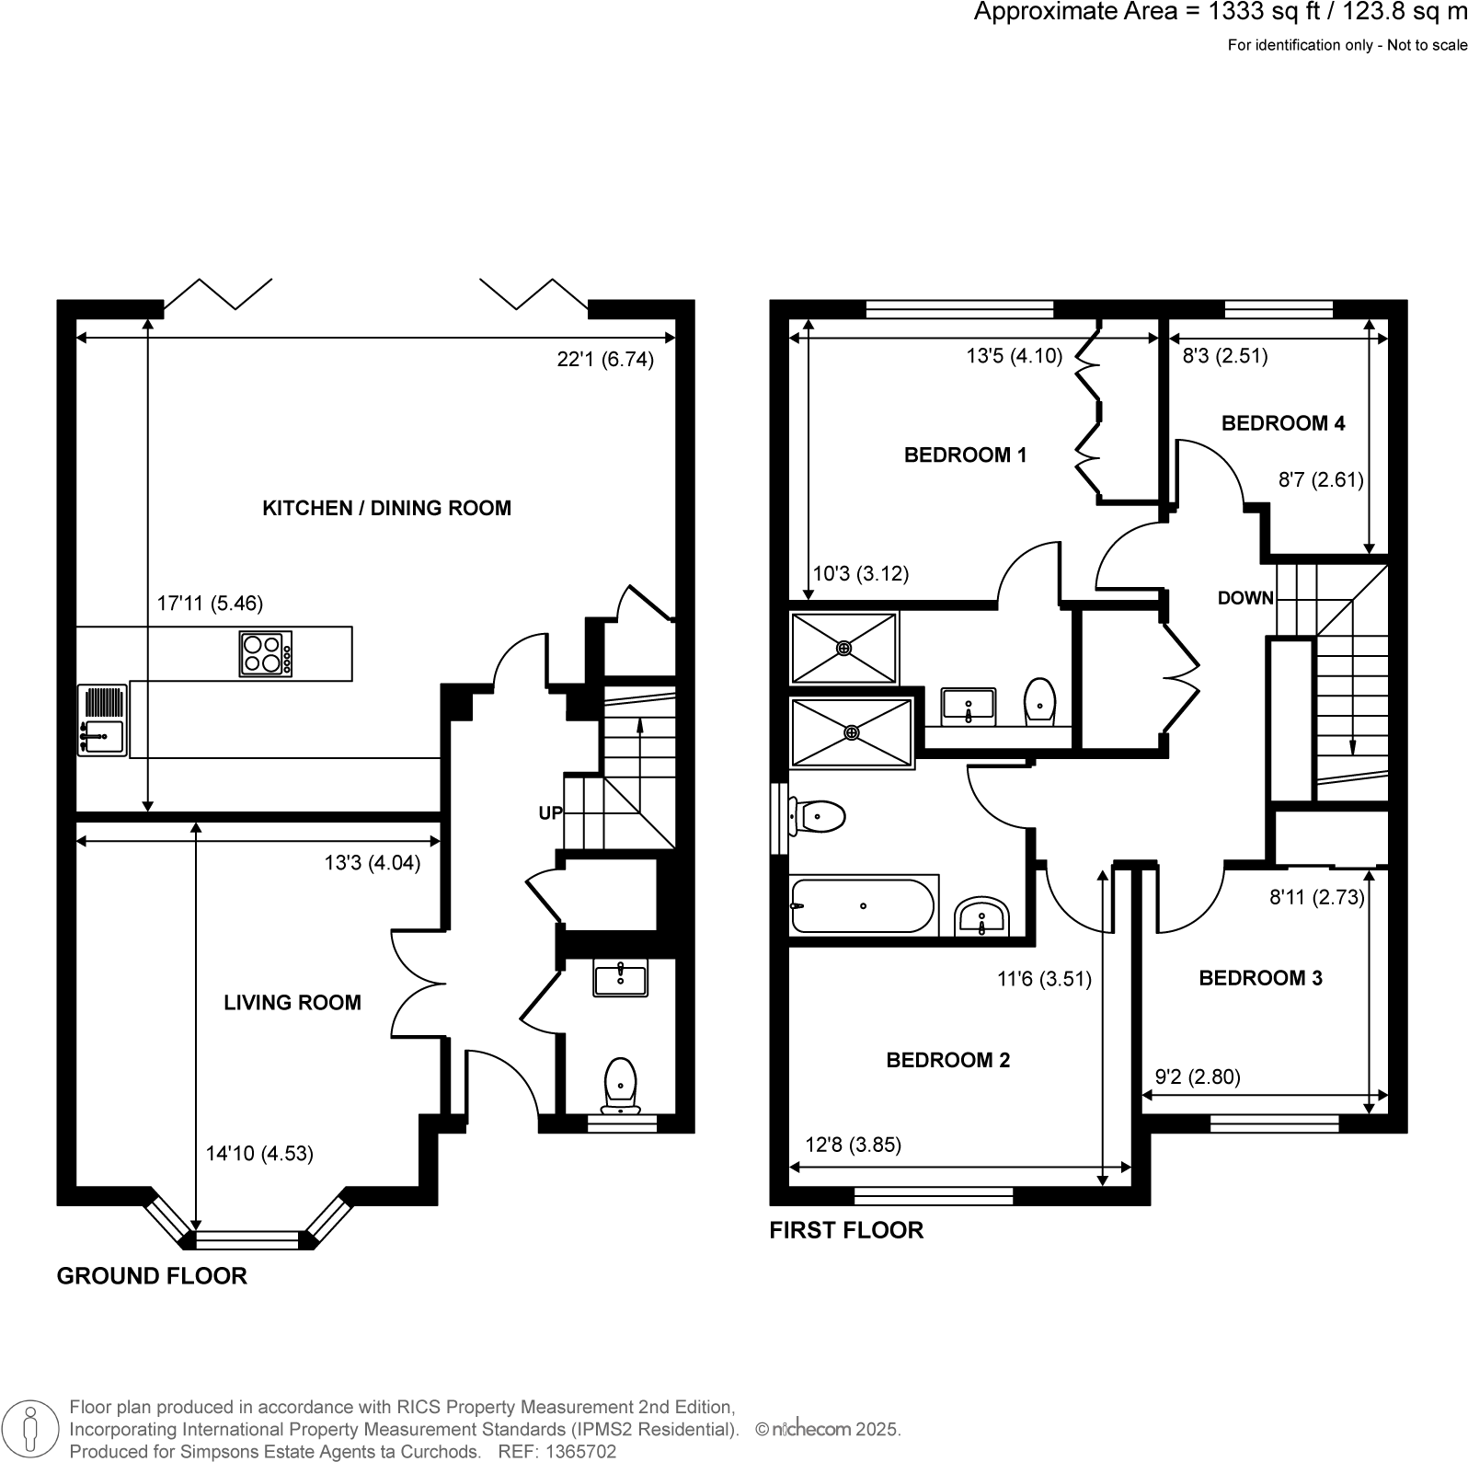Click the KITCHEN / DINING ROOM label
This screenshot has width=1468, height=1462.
click(386, 508)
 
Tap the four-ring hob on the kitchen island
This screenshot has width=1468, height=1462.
click(266, 654)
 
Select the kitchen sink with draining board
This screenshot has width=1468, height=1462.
click(102, 720)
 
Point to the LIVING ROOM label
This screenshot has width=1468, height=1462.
click(292, 1003)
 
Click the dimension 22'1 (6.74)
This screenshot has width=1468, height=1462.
click(605, 360)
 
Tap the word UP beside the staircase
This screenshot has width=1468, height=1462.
click(550, 813)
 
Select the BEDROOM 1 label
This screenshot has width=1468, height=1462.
click(965, 455)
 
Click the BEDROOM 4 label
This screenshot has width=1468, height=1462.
click(1283, 423)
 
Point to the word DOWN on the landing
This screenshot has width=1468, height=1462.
click(1245, 598)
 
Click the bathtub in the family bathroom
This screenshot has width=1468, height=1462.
click(863, 906)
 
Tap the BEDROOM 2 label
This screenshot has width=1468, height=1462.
click(947, 1060)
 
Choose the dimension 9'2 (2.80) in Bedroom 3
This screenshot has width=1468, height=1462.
click(1198, 1076)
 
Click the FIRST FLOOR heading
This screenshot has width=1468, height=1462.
click(846, 1230)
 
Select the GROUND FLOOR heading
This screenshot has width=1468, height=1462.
click(152, 1276)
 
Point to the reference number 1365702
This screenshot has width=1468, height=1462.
click(582, 1452)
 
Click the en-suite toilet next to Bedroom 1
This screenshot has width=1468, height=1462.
click(1040, 701)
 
